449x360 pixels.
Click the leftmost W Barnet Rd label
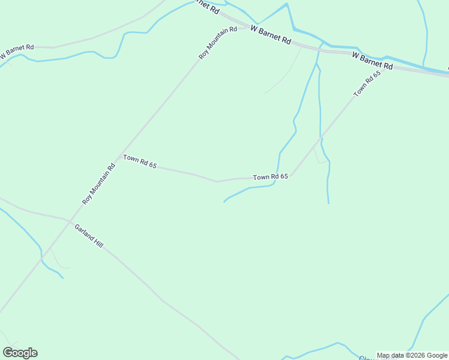pyautogui.click(x=17, y=50)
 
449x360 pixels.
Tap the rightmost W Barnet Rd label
pyautogui.click(x=372, y=60)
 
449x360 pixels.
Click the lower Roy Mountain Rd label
pyautogui.click(x=98, y=185)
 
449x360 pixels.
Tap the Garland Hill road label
pyautogui.click(x=89, y=236)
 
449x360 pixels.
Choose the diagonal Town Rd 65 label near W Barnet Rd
pyautogui.click(x=367, y=83)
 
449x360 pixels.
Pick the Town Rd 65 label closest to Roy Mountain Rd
pyautogui.click(x=140, y=161)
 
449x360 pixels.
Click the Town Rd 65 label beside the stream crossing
pyautogui.click(x=271, y=177)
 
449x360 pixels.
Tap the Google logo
pyautogui.click(x=20, y=353)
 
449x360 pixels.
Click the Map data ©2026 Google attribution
pyautogui.click(x=412, y=355)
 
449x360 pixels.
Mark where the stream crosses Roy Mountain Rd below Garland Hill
pyautogui.click(x=41, y=257)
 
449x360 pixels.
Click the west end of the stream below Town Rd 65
pyautogui.click(x=224, y=202)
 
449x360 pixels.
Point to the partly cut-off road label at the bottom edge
pyautogui.click(x=367, y=358)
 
